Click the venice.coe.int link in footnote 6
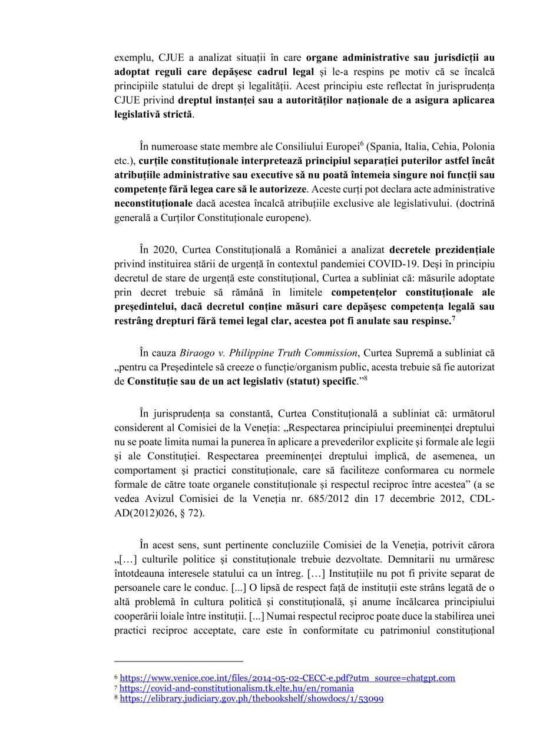(287, 679)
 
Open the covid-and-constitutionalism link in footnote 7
(237, 688)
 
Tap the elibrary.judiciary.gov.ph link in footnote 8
(252, 698)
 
